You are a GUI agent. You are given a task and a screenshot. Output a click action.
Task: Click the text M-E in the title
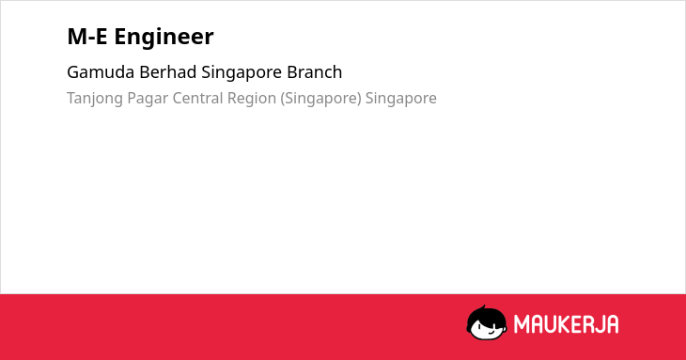[87, 37]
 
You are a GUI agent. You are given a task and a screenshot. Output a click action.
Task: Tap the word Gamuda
[101, 72]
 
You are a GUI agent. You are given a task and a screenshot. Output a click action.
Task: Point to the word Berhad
[168, 72]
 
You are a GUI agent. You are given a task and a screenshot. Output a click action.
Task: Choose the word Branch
[315, 72]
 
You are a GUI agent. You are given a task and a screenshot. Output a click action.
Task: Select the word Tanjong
[95, 99]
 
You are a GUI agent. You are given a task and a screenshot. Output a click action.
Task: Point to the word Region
[252, 99]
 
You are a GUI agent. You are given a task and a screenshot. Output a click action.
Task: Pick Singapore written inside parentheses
[320, 99]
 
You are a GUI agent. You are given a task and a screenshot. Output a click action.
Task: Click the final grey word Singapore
[400, 99]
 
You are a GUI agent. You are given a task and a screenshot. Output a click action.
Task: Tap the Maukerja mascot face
[487, 322]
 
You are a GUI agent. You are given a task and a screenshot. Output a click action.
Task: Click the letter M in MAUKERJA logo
[522, 324]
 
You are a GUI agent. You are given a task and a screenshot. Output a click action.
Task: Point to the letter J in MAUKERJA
[600, 324]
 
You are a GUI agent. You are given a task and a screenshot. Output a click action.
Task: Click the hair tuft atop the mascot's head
[483, 307]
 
